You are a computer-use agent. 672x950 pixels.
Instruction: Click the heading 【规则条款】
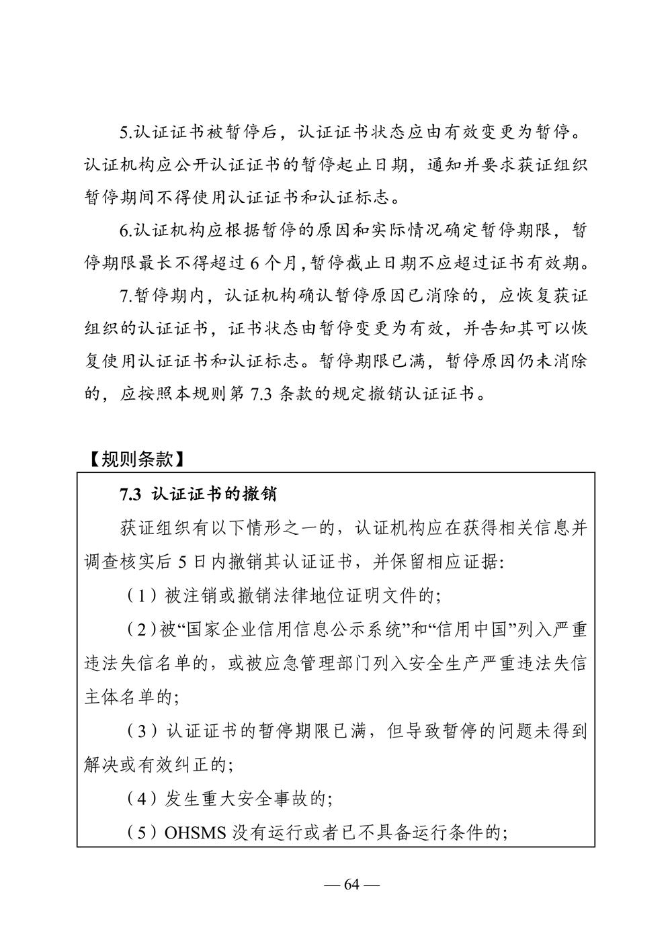[135, 459]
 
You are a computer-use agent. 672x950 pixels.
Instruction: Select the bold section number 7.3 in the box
[129, 495]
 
